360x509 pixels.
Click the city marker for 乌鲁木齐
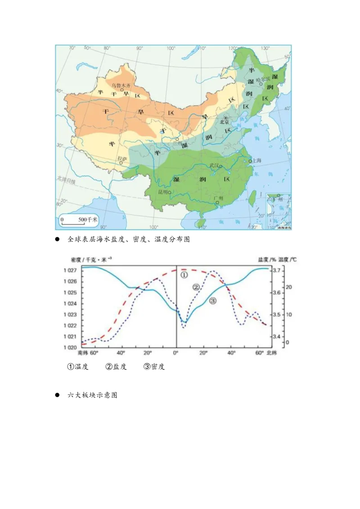[121, 89]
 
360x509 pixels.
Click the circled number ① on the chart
[184, 274]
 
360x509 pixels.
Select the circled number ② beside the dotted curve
[196, 287]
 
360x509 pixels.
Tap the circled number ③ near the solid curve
[212, 301]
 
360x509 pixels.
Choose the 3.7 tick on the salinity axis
[277, 271]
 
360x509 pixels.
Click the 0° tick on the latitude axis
[175, 353]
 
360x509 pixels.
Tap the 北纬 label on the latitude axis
[273, 353]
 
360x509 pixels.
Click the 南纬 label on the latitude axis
[83, 353]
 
